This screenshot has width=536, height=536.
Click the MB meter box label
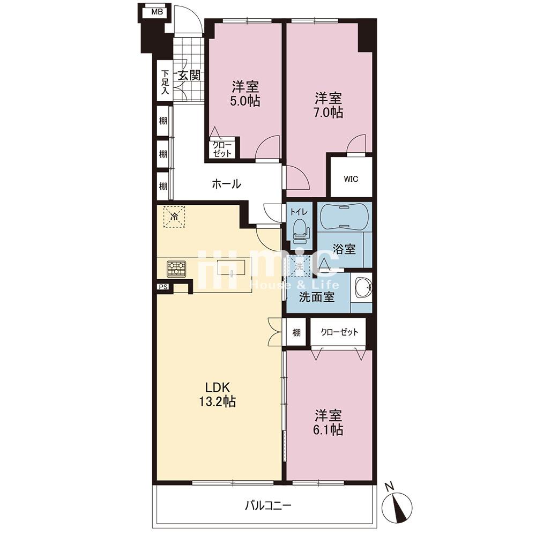tap(157, 12)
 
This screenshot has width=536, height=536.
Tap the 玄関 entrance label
tap(189, 75)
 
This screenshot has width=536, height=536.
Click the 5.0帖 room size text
tap(245, 101)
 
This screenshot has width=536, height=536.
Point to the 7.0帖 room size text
tap(328, 113)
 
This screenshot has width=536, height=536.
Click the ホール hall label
tap(226, 184)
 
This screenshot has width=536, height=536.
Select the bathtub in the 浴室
tap(345, 217)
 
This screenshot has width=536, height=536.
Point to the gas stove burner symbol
tap(176, 269)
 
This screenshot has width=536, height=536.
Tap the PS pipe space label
tap(163, 287)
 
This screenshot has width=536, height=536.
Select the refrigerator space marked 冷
tap(174, 217)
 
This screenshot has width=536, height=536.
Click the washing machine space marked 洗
tap(300, 266)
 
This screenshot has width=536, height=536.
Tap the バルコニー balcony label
tap(268, 505)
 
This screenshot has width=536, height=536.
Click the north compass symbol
tap(396, 503)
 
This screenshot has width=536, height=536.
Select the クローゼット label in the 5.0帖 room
tap(222, 149)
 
